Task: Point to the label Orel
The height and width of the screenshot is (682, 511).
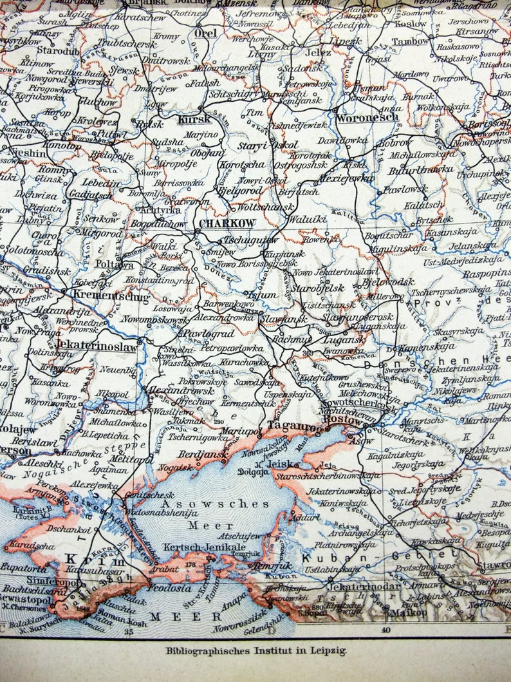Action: (x=205, y=33)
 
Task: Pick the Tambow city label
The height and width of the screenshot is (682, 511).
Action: (x=411, y=41)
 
